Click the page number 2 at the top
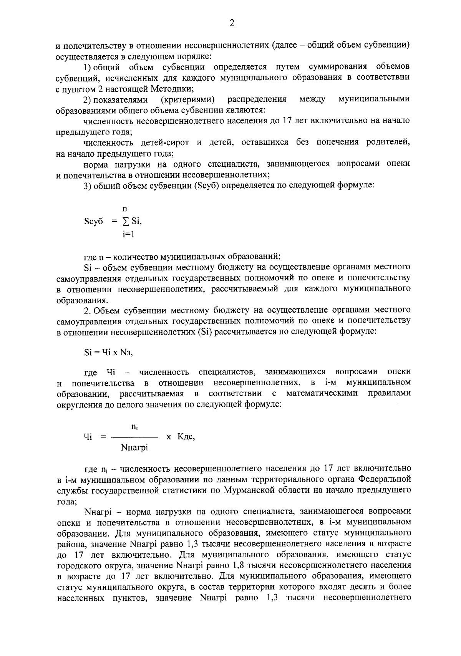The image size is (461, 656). pos(232,23)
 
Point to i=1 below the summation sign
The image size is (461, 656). pos(128,234)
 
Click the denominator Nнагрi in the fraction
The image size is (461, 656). pos(134,448)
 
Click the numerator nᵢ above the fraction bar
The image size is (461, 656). pos(134,427)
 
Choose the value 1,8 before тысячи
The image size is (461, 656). pos(239,566)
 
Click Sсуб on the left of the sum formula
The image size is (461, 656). pos(93,222)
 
